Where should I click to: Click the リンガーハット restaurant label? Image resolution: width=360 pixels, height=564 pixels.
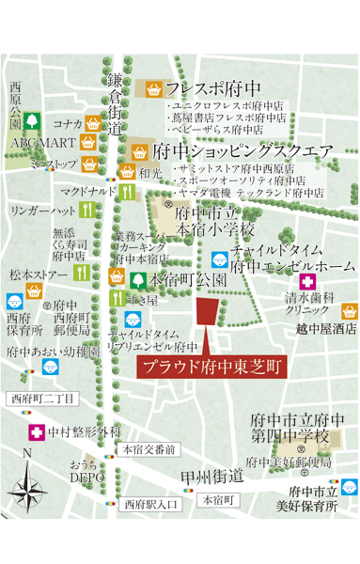coord(38,211)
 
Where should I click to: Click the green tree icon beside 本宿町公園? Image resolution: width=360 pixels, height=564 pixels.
coord(138,280)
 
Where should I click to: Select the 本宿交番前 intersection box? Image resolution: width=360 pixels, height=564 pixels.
coord(149,450)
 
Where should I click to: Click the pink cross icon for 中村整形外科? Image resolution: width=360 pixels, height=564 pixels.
coord(36,432)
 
